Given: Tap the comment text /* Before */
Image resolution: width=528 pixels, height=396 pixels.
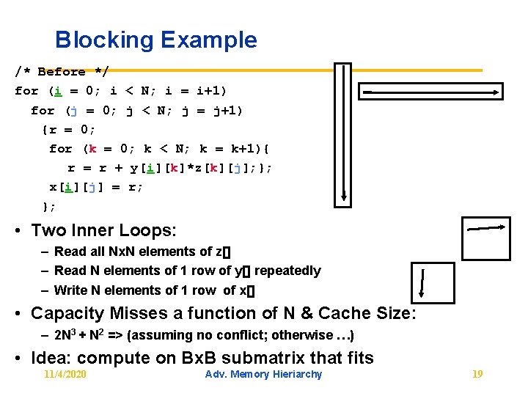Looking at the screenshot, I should [x=62, y=72].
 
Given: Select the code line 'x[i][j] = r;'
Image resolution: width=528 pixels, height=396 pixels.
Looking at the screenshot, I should [x=96, y=186].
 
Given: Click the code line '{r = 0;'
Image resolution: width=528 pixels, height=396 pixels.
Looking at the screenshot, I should [x=68, y=130].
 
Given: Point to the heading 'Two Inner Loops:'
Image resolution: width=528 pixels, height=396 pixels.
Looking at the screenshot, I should [x=103, y=230].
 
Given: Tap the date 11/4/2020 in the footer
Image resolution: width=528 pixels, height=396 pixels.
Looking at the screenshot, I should [x=65, y=375].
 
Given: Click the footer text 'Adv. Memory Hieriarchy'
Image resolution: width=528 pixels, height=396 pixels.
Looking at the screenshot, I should [x=264, y=375].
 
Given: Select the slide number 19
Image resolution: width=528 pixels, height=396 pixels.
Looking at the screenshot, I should [x=477, y=375].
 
